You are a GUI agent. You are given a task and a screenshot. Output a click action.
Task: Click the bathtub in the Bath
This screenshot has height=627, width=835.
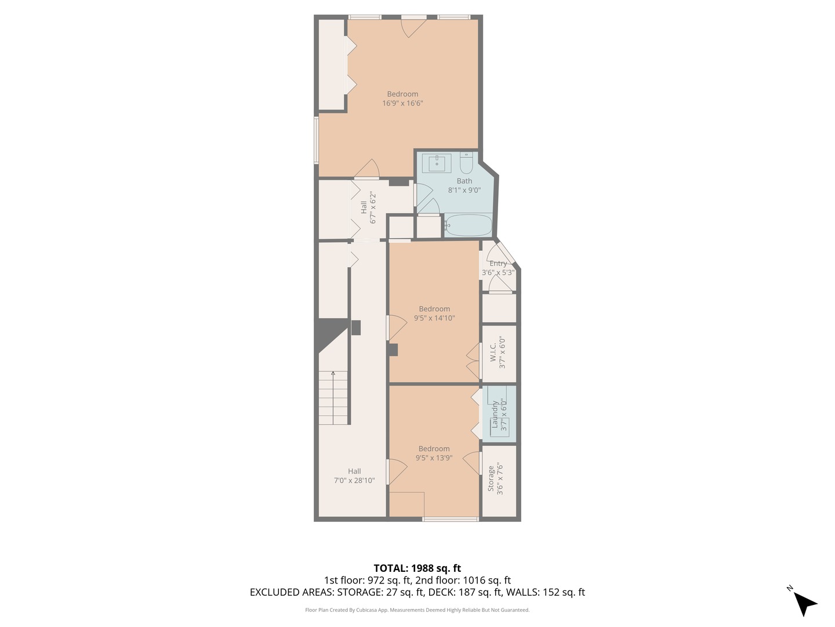pos(469,226)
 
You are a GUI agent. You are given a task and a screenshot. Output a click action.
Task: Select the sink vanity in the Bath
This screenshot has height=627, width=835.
pos(437,163)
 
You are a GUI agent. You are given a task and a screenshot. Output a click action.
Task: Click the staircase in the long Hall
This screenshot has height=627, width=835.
pos(333,398)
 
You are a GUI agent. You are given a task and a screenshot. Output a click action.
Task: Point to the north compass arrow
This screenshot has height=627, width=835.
pos(804,603)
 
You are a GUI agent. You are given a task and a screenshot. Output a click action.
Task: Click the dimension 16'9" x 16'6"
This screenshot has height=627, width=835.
pos(402,103)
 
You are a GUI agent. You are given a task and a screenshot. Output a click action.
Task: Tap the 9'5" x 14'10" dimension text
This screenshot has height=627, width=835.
pos(434,318)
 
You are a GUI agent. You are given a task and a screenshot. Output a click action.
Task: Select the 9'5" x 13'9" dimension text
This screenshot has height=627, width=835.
pos(434,458)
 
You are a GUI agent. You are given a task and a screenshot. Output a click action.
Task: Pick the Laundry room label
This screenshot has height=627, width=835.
pos(495,415)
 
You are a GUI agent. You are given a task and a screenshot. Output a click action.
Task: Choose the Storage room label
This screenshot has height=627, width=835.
pos(491,478)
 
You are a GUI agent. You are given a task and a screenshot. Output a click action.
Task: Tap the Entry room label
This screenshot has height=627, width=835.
pos(498,263)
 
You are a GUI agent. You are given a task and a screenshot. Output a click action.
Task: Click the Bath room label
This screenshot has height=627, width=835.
pos(464,181)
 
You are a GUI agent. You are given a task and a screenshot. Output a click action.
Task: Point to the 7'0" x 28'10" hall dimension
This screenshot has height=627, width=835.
pos(354,481)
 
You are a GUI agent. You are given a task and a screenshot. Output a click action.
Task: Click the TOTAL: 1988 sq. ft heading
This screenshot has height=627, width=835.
pos(417,568)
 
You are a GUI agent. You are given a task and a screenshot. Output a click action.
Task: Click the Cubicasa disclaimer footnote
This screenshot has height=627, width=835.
pos(417,610)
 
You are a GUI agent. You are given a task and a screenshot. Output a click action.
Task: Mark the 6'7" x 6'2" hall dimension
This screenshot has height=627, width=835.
pos(373,208)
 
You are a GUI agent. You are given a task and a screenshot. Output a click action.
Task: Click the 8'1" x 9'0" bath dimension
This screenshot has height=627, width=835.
pos(464,190)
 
